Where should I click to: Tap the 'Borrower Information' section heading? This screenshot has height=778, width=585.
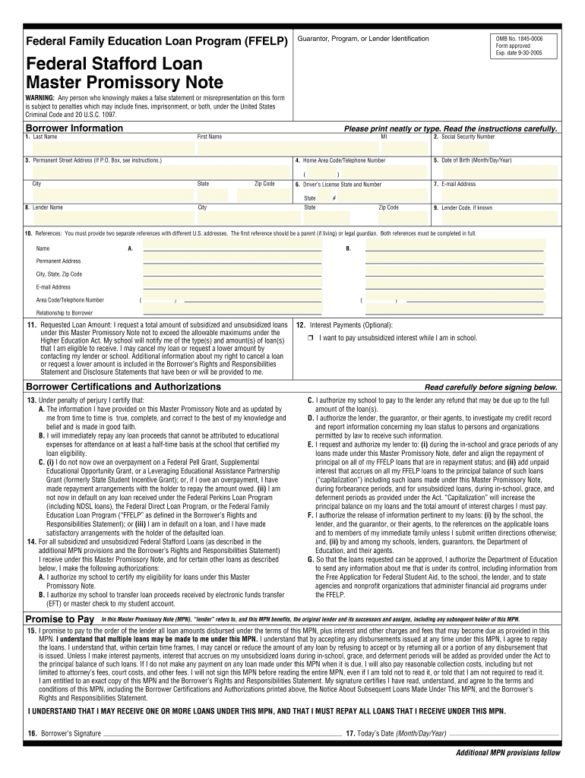tap(74, 128)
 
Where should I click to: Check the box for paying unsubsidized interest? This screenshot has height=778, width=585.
tap(311, 338)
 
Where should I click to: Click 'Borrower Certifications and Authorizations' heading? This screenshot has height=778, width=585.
tap(124, 387)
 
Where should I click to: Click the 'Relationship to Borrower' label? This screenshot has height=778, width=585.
tap(65, 313)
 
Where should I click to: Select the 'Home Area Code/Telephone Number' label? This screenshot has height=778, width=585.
tap(344, 161)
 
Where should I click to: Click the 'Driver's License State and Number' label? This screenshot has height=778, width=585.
tap(342, 184)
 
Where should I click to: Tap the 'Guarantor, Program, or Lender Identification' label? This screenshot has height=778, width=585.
tap(363, 39)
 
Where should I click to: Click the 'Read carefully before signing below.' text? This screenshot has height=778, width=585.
tap(491, 387)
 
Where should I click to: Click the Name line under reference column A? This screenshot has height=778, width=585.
tap(232, 248)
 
